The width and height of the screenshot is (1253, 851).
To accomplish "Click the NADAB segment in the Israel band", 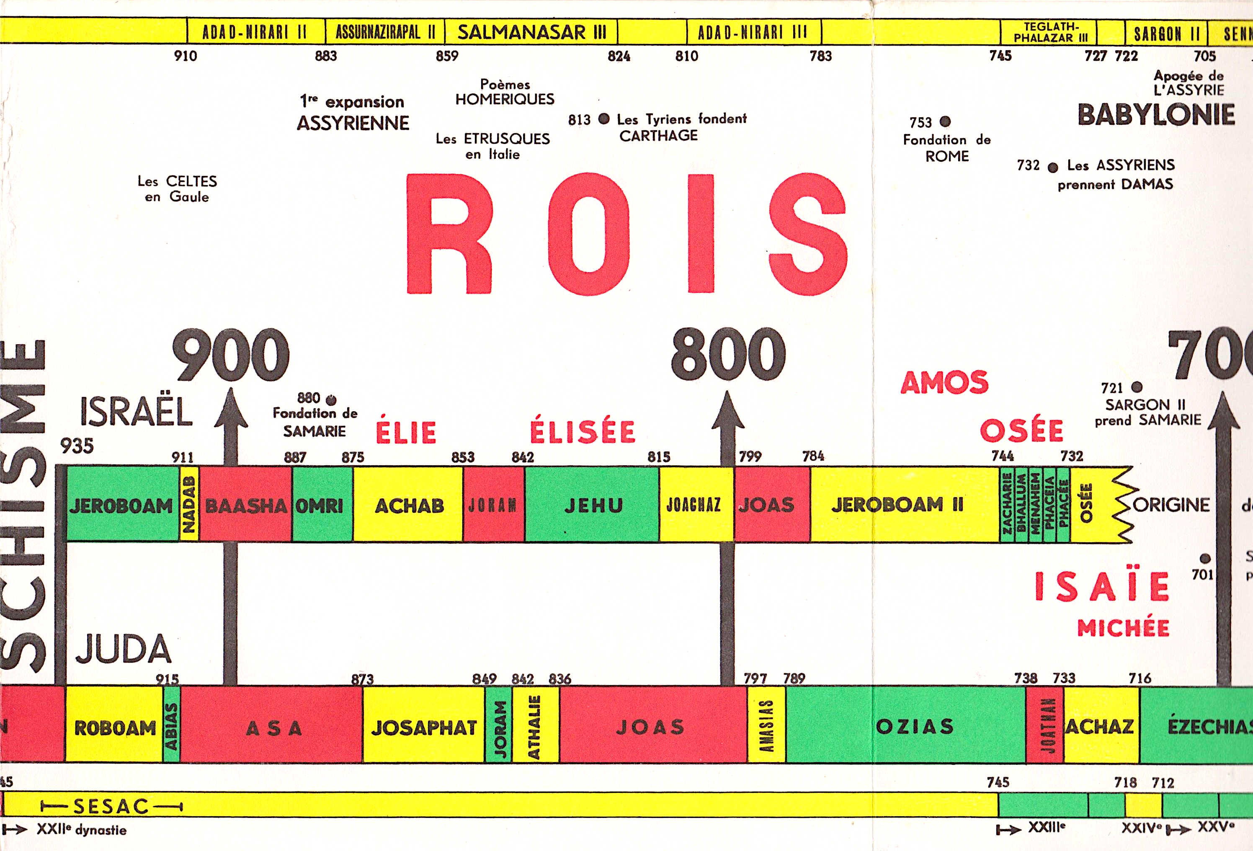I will [x=189, y=504].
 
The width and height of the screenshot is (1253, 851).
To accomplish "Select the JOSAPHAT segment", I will [x=423, y=727].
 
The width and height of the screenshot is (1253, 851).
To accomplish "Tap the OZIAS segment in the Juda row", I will [x=914, y=725].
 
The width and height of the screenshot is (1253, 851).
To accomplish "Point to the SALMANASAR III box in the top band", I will [x=531, y=32].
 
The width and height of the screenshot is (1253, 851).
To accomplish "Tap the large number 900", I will [x=231, y=355].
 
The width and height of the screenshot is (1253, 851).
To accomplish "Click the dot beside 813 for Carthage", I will [x=604, y=119].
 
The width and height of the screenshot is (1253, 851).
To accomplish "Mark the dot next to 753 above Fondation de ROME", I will [x=945, y=121].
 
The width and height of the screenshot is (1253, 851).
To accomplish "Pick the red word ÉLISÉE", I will [x=582, y=431].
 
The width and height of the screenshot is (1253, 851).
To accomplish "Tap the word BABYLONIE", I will [x=1156, y=114].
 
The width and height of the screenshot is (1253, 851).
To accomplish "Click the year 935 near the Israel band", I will [x=77, y=446].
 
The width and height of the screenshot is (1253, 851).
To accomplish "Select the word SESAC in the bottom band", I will [x=111, y=807].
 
